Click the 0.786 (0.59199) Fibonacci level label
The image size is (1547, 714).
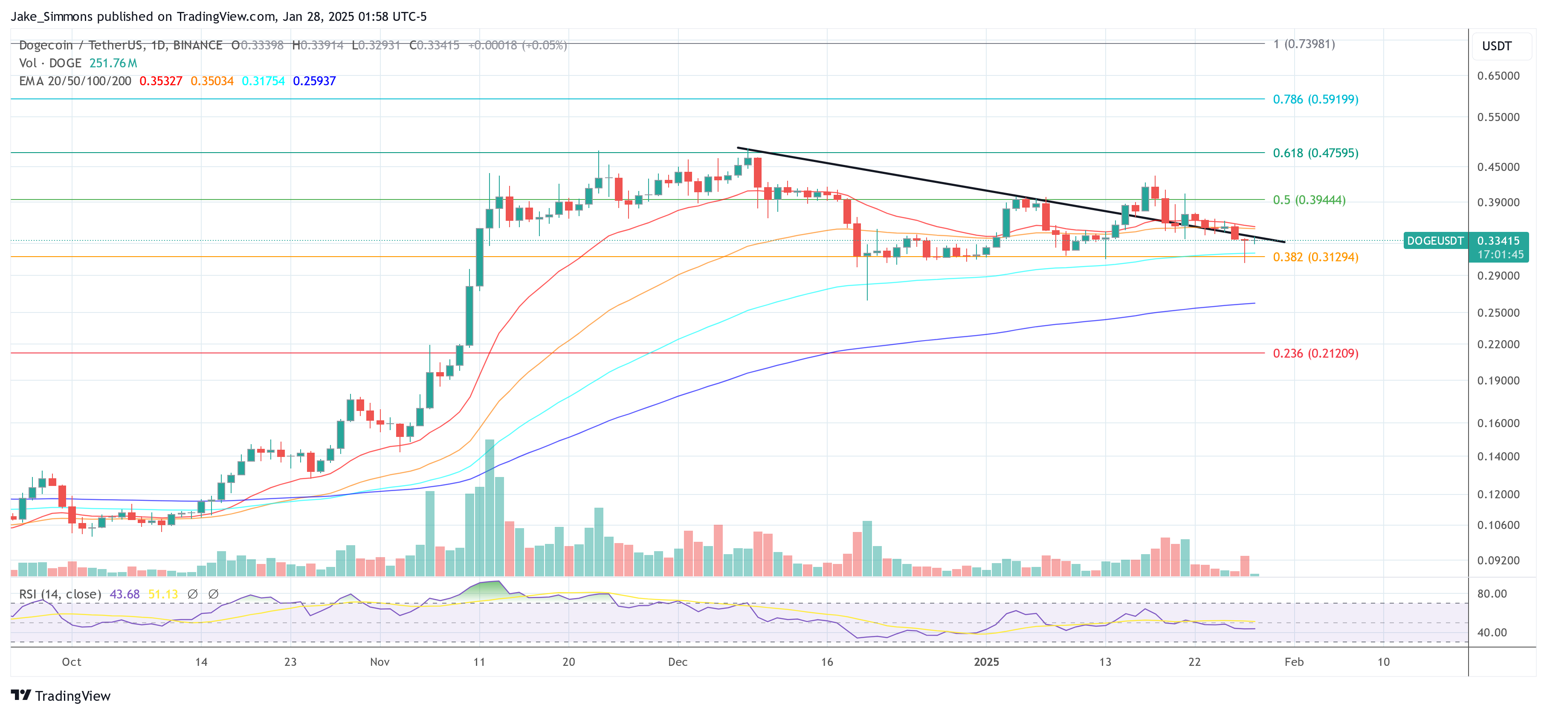(1315, 99)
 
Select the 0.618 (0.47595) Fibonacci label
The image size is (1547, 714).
(1315, 153)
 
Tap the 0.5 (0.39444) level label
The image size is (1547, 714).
(1309, 200)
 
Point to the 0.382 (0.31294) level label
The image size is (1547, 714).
(1315, 257)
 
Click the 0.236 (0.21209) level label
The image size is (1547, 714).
(1315, 353)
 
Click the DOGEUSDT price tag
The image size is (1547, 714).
(1435, 241)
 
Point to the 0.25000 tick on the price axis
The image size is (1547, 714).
(1498, 313)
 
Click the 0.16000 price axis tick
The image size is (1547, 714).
(1498, 423)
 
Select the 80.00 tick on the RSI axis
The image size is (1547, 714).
(1492, 594)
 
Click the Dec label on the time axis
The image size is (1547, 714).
(678, 662)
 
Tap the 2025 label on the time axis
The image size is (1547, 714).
(986, 662)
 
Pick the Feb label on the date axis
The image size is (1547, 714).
(1294, 662)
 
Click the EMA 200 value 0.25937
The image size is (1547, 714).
(314, 81)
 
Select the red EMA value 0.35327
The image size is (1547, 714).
(160, 81)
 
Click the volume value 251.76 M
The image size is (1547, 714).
(113, 63)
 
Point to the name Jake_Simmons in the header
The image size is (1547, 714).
(52, 16)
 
